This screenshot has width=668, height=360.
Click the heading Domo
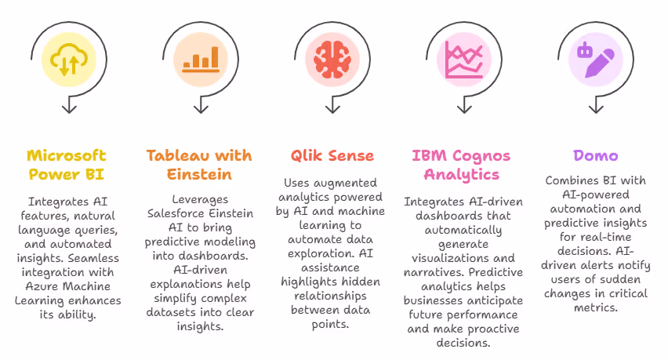(x=596, y=156)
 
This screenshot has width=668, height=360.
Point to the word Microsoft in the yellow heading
(x=66, y=155)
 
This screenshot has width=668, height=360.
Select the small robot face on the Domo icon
(x=584, y=52)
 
